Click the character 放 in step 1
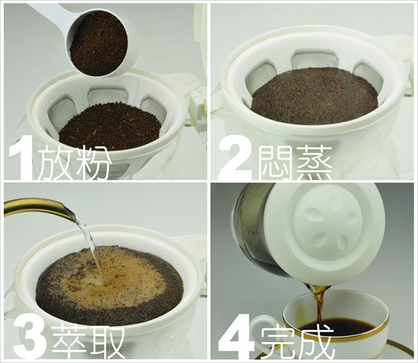point(55,163)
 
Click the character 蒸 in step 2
point(314,163)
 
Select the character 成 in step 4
point(316,342)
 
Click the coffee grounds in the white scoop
point(98,43)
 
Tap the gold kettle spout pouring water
point(40,208)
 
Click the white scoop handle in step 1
point(48,12)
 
